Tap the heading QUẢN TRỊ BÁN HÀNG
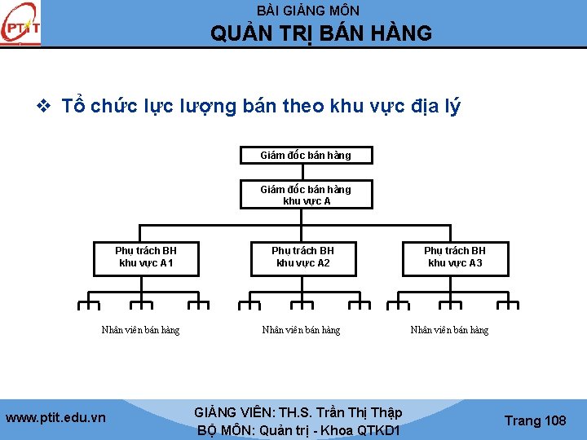[321, 33]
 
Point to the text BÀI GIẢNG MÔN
[307, 11]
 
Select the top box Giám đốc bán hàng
[306, 155]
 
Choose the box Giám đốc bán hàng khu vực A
[306, 195]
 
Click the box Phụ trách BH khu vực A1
[146, 257]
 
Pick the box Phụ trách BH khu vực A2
[302, 257]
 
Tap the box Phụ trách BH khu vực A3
[455, 257]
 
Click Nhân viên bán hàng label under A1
[140, 330]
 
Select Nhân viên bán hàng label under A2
[301, 330]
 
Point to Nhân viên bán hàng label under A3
[449, 330]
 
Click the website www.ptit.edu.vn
[55, 418]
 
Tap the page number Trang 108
[535, 420]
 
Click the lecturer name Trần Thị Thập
[360, 412]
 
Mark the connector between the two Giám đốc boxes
[303, 171]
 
